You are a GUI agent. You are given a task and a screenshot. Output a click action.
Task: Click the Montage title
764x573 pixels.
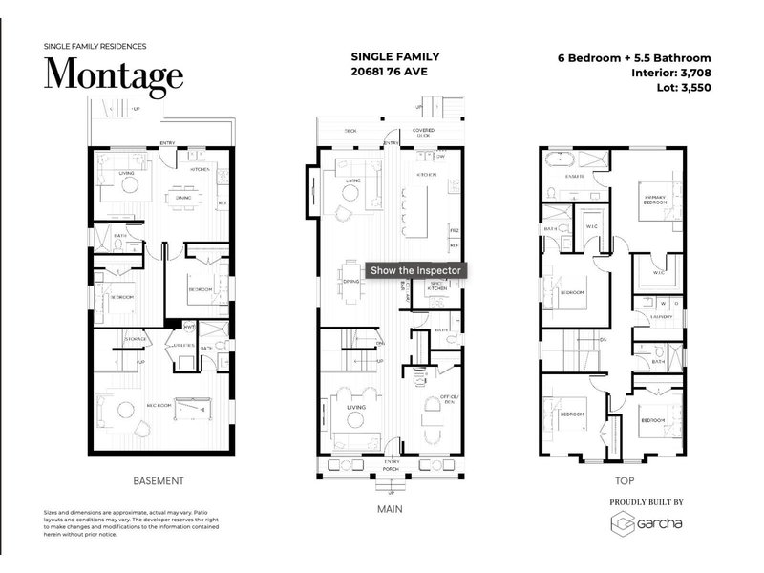pos(114,74)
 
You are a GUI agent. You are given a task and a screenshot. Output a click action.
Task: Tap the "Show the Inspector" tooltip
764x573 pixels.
pos(416,270)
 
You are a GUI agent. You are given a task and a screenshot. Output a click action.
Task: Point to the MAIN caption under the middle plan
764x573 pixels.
pos(390,509)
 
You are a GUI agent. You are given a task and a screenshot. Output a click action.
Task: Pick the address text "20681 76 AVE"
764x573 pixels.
pos(389,71)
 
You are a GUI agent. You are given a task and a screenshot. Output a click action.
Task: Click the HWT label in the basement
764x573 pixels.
pos(189,328)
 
